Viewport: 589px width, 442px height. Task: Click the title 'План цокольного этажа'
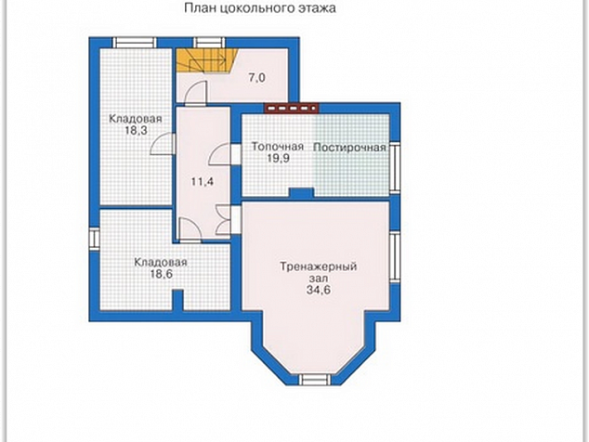click(260, 7)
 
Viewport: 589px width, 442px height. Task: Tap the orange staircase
click(206, 60)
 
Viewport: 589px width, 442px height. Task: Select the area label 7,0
click(257, 78)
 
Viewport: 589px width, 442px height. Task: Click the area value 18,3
click(136, 131)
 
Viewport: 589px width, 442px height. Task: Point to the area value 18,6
click(161, 274)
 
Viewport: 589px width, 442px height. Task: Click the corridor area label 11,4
click(203, 182)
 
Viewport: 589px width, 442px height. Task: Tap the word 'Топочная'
click(278, 146)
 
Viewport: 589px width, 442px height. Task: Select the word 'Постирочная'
click(349, 148)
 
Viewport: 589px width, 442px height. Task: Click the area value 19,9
click(279, 158)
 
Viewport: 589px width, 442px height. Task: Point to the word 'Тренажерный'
click(318, 266)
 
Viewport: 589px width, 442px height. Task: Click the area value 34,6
click(319, 290)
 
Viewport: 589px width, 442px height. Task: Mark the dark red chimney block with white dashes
click(291, 108)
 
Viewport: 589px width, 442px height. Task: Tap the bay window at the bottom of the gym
click(315, 379)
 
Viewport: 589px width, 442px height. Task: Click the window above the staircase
click(210, 43)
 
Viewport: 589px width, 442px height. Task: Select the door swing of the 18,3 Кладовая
click(163, 144)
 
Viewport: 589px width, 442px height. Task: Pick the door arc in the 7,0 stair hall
click(197, 91)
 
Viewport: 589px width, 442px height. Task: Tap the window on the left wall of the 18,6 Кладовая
click(94, 240)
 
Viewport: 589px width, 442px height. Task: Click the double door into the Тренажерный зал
click(225, 221)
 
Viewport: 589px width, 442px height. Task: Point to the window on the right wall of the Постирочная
click(395, 168)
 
